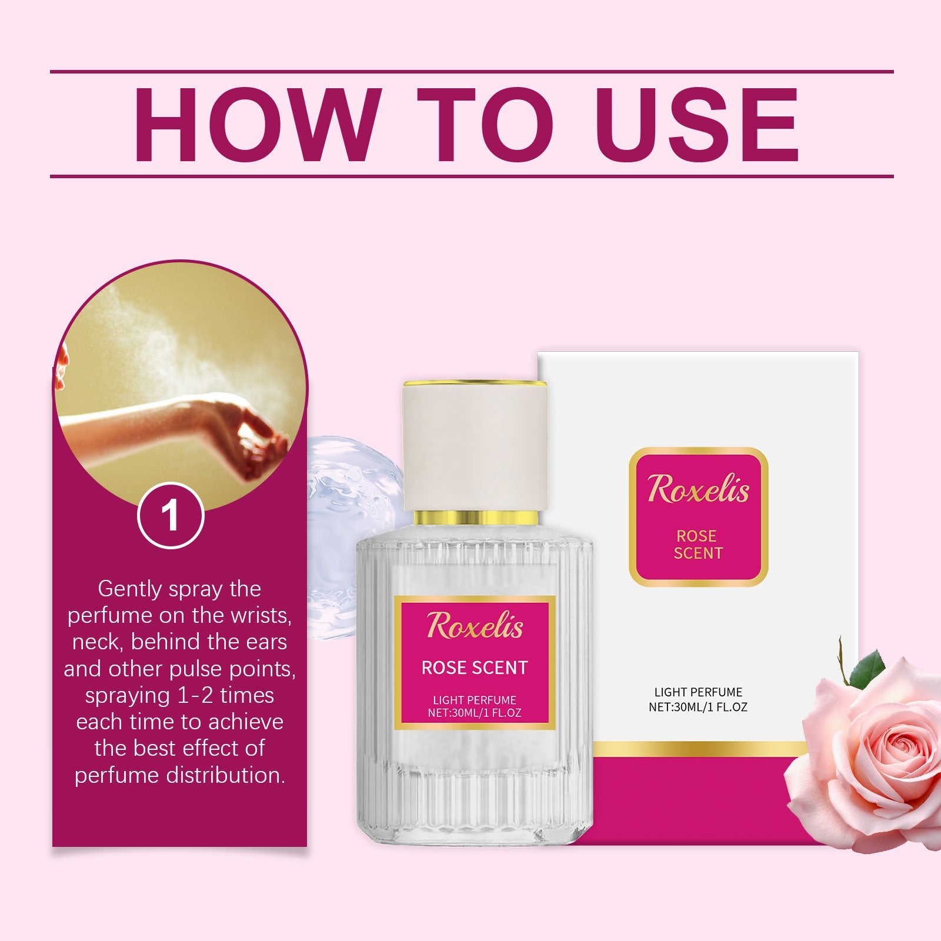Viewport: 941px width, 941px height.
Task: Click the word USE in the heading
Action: (x=699, y=125)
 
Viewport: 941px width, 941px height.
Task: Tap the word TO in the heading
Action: (x=485, y=125)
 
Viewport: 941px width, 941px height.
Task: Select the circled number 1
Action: (x=171, y=516)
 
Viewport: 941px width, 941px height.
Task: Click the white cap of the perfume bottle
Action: (x=475, y=447)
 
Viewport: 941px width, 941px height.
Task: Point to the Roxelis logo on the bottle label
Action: (x=475, y=625)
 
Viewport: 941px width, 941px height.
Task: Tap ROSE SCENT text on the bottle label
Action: (x=475, y=668)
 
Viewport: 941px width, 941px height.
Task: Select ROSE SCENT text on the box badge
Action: (x=698, y=544)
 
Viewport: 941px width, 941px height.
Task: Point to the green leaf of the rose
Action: (x=869, y=669)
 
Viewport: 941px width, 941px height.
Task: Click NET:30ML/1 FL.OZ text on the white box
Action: (x=698, y=707)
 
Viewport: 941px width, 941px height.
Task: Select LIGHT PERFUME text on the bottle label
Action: (x=475, y=700)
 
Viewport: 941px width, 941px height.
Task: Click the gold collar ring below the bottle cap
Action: (x=475, y=518)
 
